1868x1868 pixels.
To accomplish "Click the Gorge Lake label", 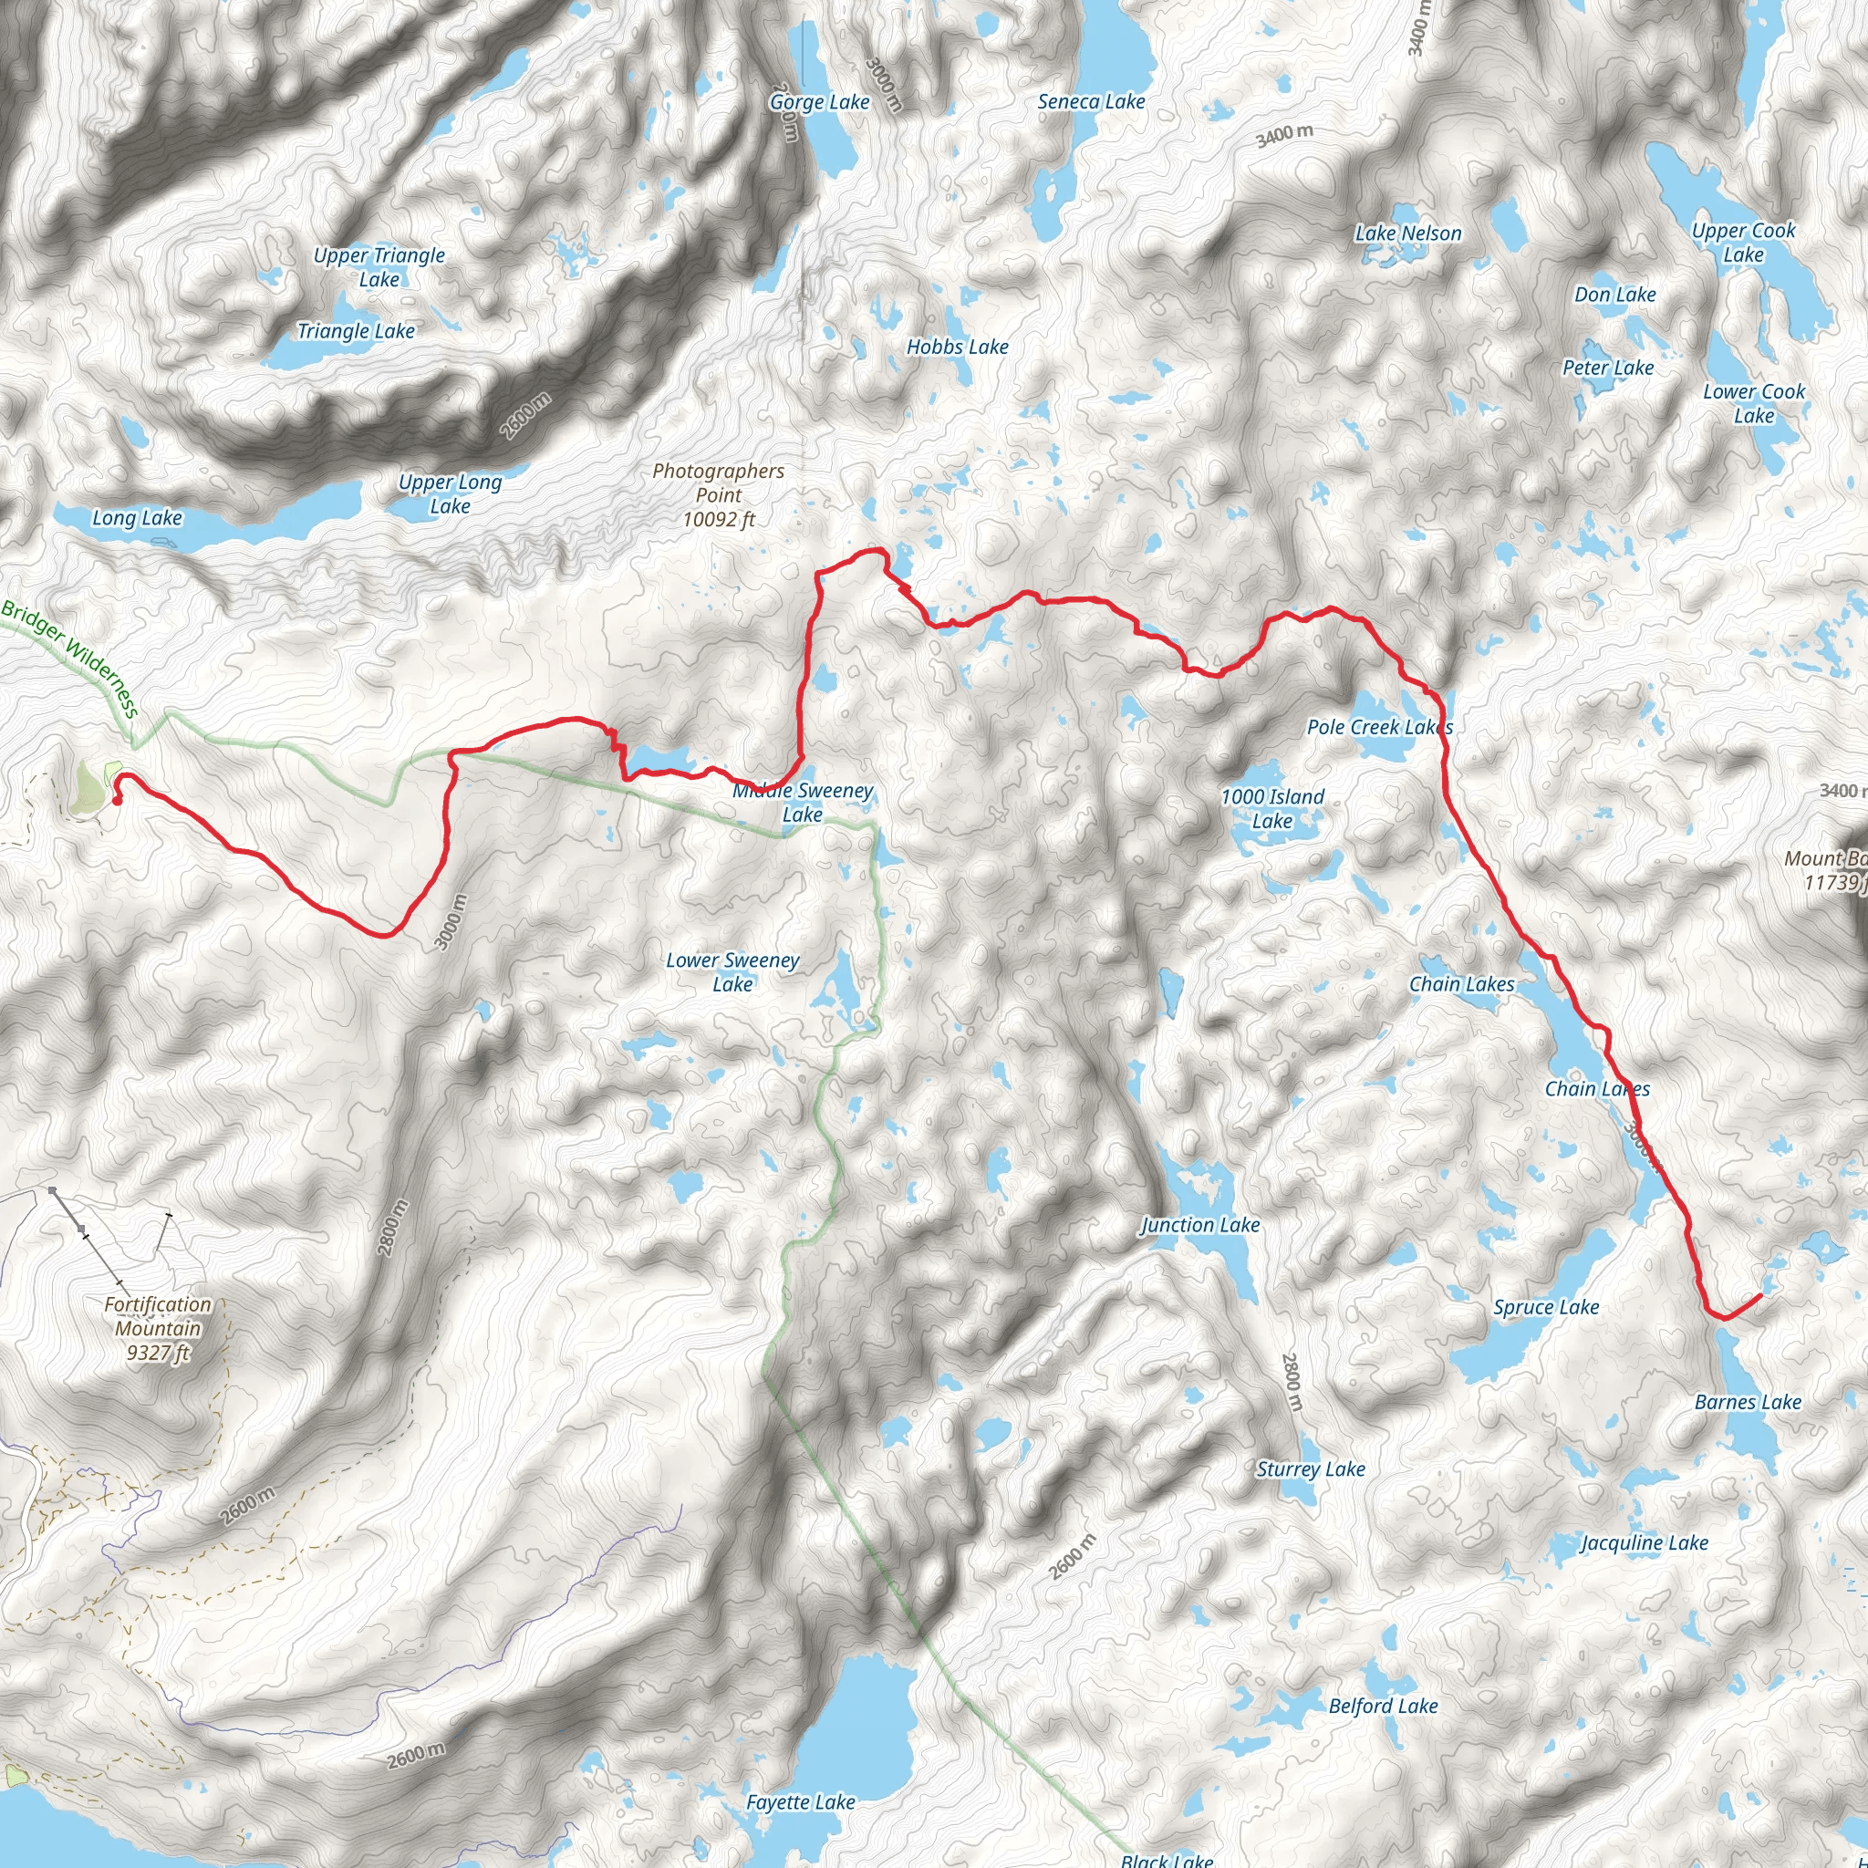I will (819, 101).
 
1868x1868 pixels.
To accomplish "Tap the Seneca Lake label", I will (1091, 101).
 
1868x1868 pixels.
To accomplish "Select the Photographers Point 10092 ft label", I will (719, 495).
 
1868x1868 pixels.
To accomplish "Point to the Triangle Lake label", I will (356, 332).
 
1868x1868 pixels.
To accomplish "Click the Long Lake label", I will (138, 518).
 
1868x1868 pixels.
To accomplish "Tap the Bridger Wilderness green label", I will (70, 659).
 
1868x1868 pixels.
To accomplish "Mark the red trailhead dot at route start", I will (117, 801).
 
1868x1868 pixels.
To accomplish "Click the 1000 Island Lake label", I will (1272, 808).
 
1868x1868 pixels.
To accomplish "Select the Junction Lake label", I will (1201, 1225).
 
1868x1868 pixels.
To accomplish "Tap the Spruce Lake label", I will (1546, 1307).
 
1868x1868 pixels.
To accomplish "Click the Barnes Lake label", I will (1749, 1402).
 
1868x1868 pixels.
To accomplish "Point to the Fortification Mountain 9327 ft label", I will (158, 1328).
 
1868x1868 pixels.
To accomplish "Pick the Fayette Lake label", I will (801, 1802).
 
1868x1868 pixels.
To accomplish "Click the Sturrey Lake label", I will (1310, 1469).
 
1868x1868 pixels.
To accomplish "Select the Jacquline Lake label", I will (1644, 1543).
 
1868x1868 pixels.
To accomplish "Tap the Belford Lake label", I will (1383, 1706).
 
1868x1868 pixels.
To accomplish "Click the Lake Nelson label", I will (1407, 233).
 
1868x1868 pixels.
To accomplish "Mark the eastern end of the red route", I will (1759, 1294).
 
